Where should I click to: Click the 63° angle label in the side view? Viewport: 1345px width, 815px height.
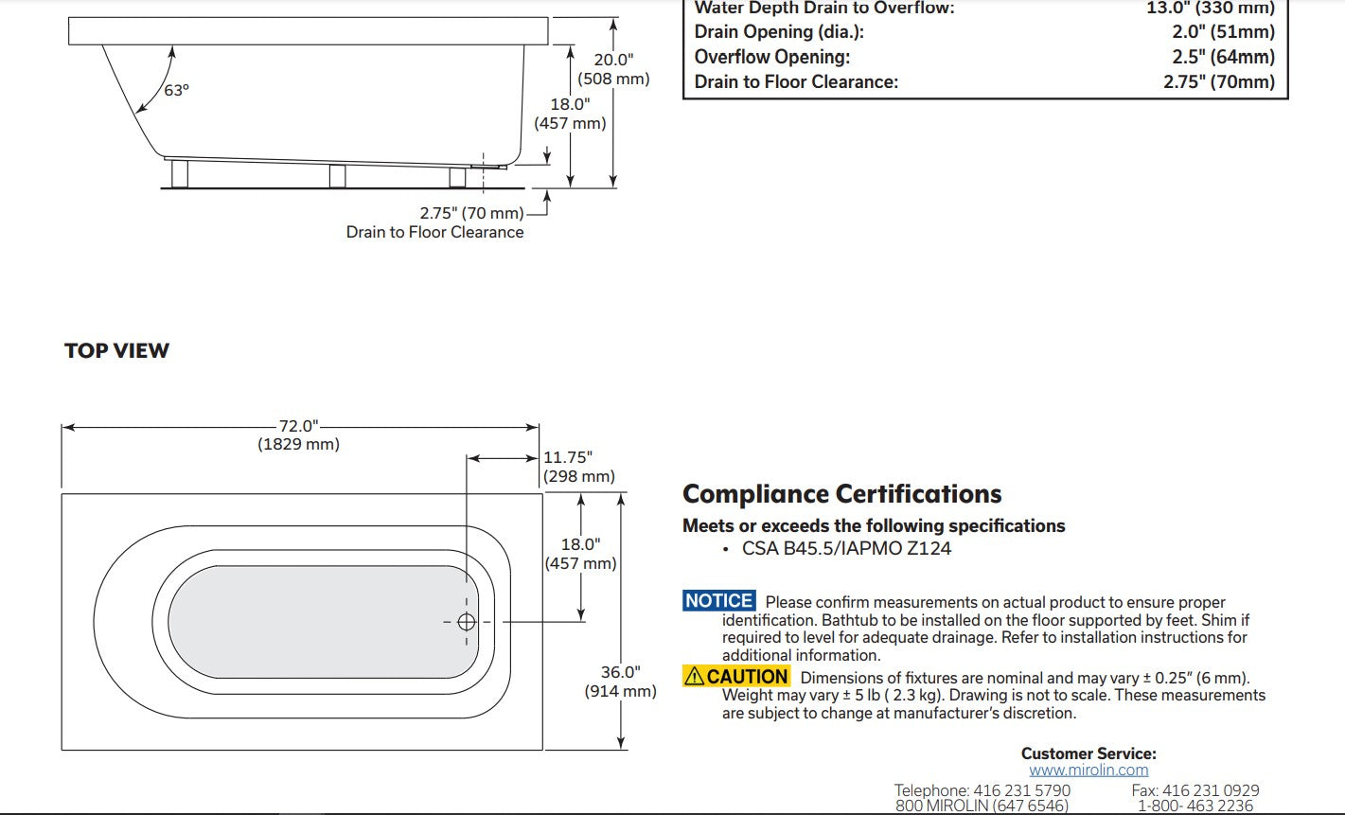coord(176,91)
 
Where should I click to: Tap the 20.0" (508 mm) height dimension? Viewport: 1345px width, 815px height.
coord(613,69)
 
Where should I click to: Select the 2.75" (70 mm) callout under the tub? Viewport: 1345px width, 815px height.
coord(471,213)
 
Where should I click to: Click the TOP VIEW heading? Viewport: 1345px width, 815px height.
coord(116,351)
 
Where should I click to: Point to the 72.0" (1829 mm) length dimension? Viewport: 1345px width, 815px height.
coord(298,434)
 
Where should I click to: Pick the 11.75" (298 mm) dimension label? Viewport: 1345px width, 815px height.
coord(578,467)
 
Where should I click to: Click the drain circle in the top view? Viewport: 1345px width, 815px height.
coord(466,622)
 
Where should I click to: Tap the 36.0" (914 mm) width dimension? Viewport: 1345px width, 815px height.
coord(620,682)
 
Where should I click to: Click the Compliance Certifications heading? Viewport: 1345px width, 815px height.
coord(841,494)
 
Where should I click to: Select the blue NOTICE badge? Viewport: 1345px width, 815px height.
coord(719,601)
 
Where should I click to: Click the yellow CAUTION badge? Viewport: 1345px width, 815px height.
coord(736,677)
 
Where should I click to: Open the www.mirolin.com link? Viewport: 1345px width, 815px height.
coord(1088,771)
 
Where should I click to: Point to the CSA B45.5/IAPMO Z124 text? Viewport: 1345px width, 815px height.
coord(846,548)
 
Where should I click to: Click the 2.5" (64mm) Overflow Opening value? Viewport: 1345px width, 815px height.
coord(1223,57)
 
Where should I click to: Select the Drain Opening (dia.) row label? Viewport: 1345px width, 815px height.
coord(779,32)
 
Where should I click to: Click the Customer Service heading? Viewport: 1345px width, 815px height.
coord(1088,753)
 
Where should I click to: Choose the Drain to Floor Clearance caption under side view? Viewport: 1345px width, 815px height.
coord(434,232)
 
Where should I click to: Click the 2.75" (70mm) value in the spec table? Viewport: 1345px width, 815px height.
coord(1219,81)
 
